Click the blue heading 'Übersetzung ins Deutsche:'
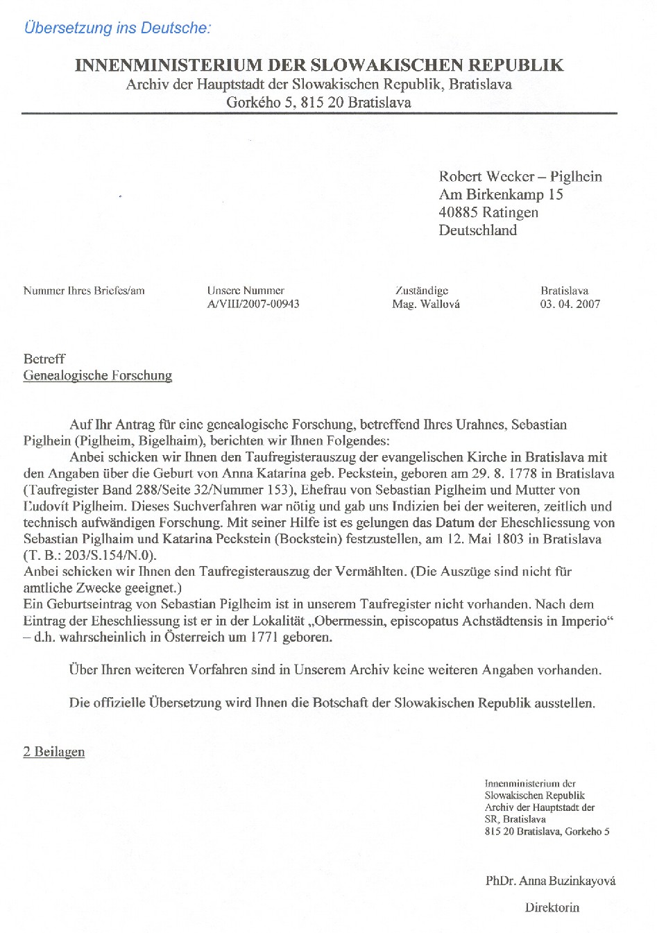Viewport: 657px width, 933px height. [x=117, y=28]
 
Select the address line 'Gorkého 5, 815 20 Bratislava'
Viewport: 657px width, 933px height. [x=319, y=103]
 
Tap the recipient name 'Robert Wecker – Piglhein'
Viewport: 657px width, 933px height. [x=520, y=176]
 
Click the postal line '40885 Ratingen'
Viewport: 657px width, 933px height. [x=488, y=212]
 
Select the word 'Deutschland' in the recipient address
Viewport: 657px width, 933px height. [x=477, y=230]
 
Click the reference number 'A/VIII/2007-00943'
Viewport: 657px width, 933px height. [x=253, y=304]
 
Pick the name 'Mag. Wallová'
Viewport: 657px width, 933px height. [x=425, y=304]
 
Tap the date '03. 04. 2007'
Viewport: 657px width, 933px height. [x=570, y=304]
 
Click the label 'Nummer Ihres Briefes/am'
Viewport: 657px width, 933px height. [x=84, y=291]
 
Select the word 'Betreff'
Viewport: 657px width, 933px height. [x=44, y=359]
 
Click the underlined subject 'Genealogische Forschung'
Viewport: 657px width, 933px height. [x=98, y=376]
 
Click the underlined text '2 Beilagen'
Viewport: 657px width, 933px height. [x=54, y=752]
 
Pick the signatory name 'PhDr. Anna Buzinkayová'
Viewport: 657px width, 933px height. [x=550, y=881]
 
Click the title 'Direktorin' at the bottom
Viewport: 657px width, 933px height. [x=552, y=907]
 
